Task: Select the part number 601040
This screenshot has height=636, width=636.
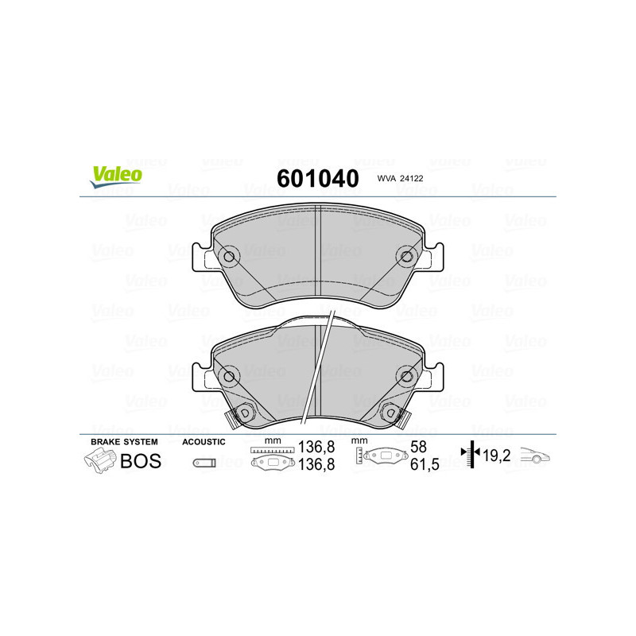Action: tap(317, 178)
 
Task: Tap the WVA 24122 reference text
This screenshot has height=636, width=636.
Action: tap(399, 180)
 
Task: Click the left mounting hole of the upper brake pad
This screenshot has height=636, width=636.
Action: tap(229, 257)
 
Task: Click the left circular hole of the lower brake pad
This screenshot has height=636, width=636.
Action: tap(229, 376)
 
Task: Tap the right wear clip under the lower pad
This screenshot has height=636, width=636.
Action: tap(393, 413)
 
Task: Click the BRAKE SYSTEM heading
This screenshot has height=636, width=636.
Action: tap(124, 441)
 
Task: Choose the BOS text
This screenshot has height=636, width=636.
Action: tap(141, 461)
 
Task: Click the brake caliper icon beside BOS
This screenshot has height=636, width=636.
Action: tap(99, 460)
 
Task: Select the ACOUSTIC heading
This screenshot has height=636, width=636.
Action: tap(204, 441)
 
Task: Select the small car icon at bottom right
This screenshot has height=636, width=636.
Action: tap(535, 456)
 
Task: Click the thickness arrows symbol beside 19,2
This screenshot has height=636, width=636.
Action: tap(472, 456)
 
